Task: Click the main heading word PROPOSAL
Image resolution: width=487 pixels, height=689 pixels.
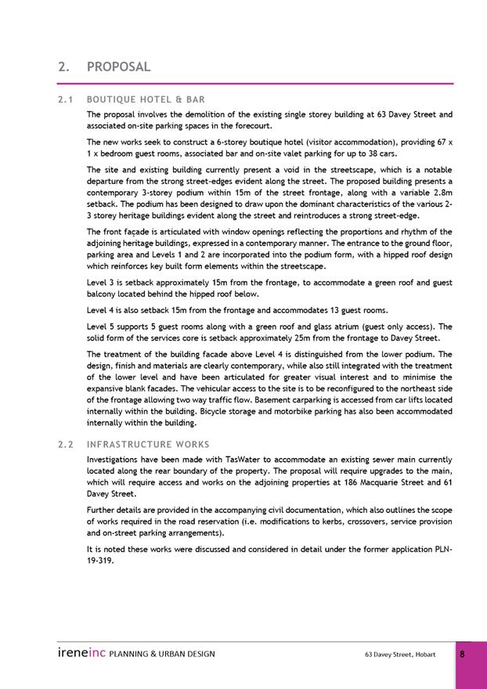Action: [118, 67]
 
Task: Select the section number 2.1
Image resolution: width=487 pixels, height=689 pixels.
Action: [66, 99]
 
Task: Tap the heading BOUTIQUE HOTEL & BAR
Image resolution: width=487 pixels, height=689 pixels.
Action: [146, 99]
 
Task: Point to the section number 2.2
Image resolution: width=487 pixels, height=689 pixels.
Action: [66, 444]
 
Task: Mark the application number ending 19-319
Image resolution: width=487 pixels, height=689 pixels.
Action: [102, 560]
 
